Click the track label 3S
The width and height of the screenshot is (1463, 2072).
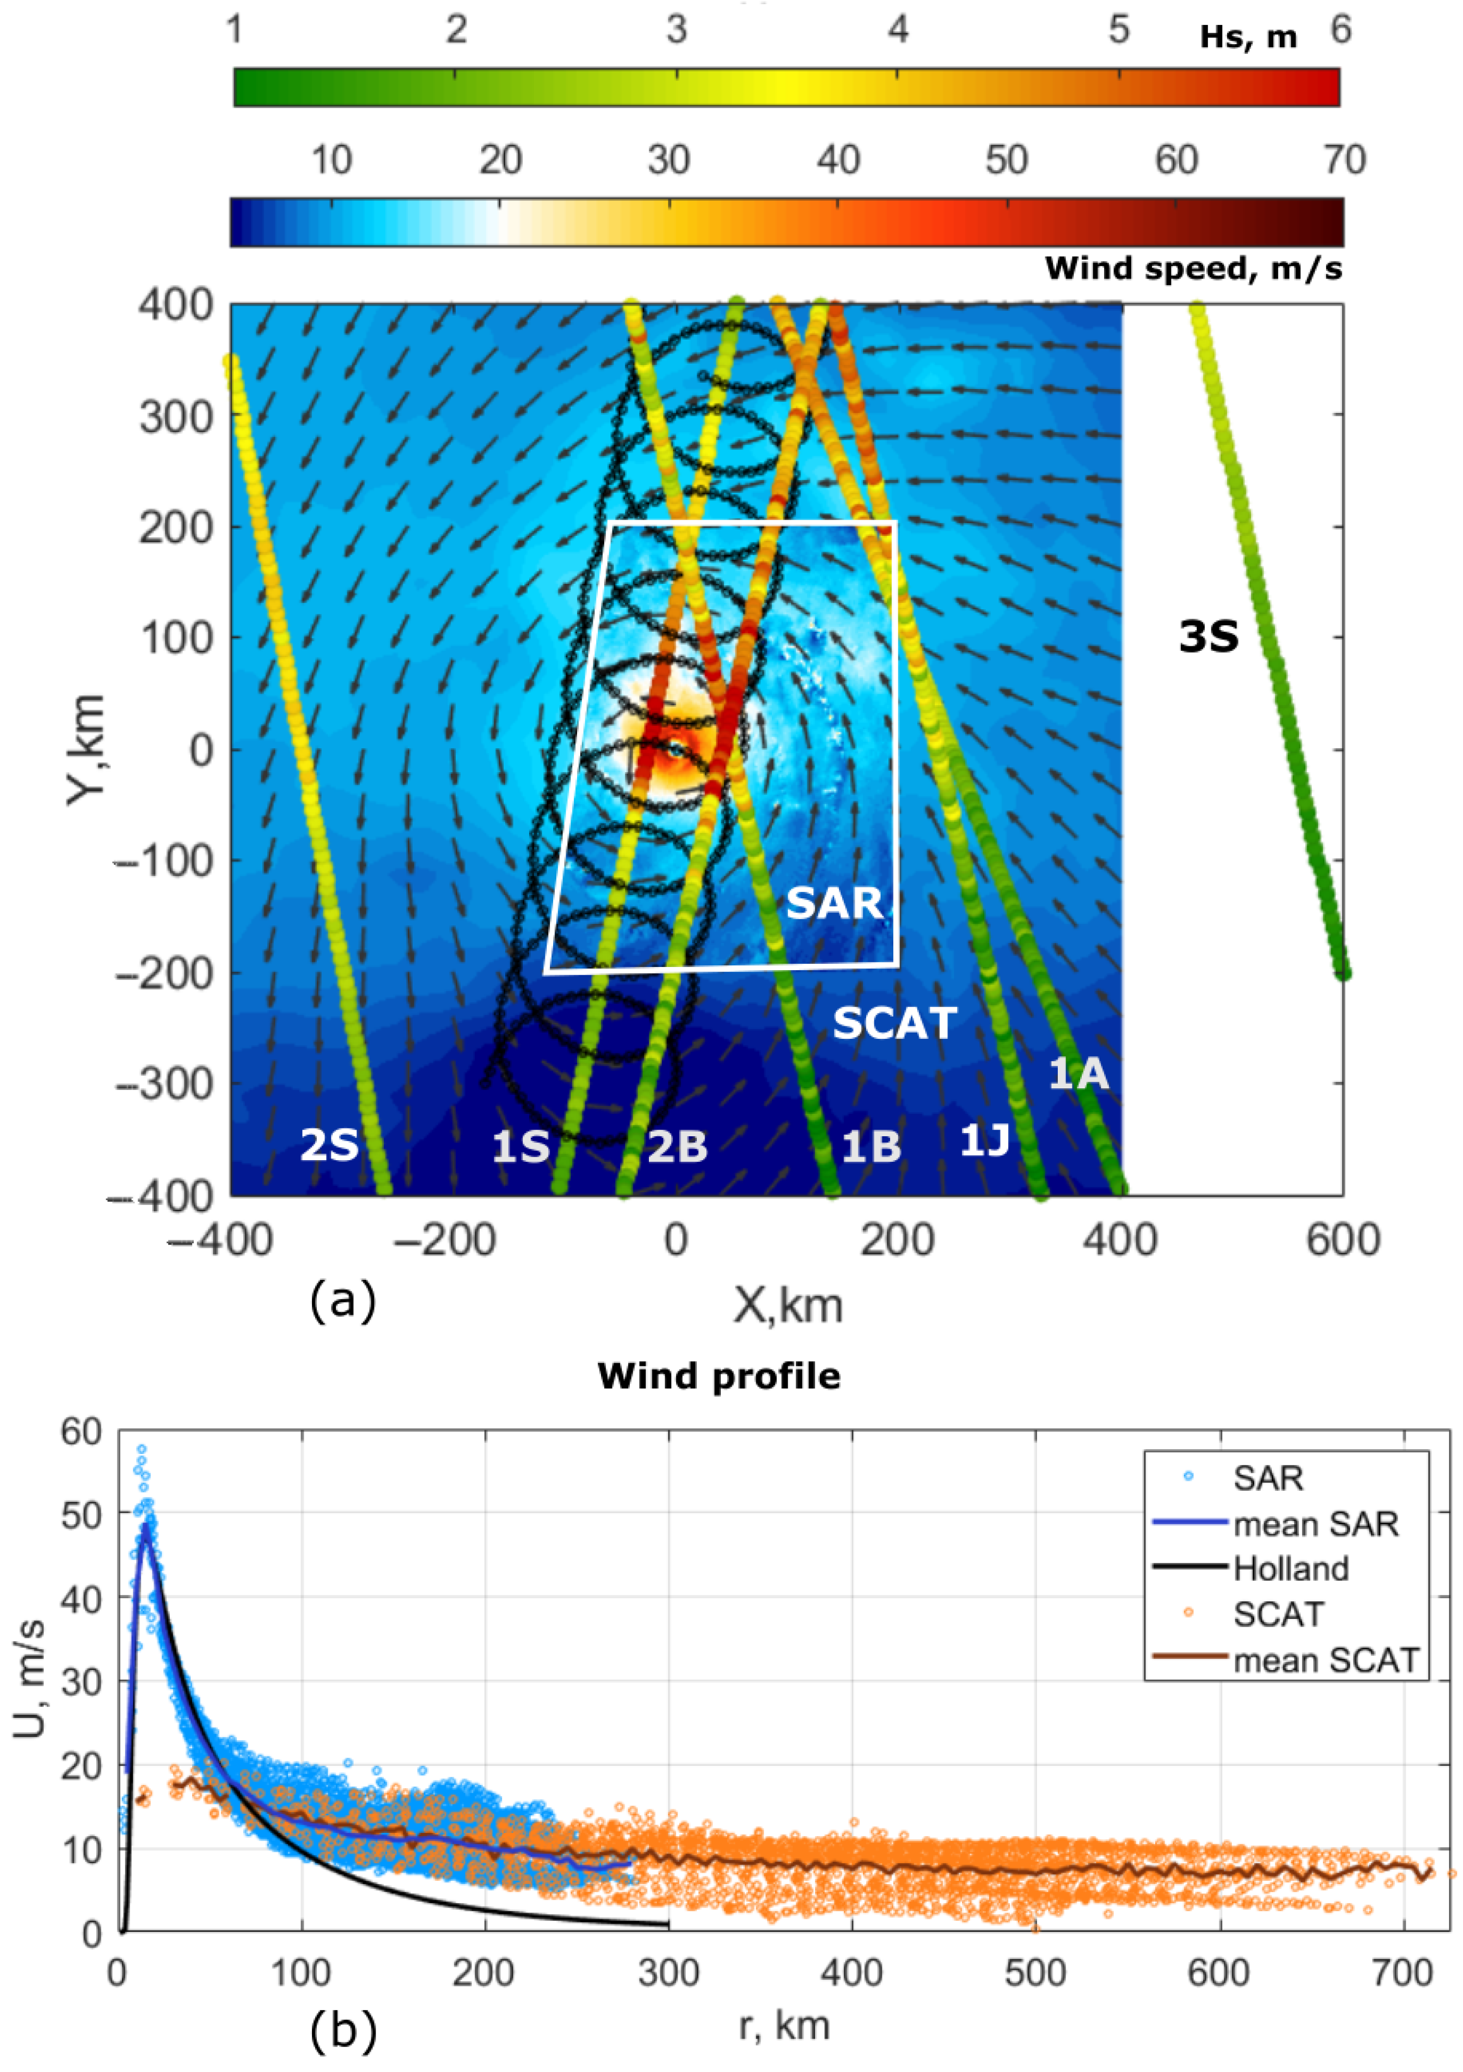(x=1208, y=637)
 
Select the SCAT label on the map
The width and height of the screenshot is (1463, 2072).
(x=894, y=1023)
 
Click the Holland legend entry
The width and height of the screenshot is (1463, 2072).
(x=1291, y=1568)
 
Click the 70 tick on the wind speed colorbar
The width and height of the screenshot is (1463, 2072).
(x=1343, y=160)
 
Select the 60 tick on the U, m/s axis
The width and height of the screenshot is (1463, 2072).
(x=83, y=1432)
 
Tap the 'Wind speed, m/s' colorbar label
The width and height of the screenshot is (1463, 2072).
(x=1193, y=268)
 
